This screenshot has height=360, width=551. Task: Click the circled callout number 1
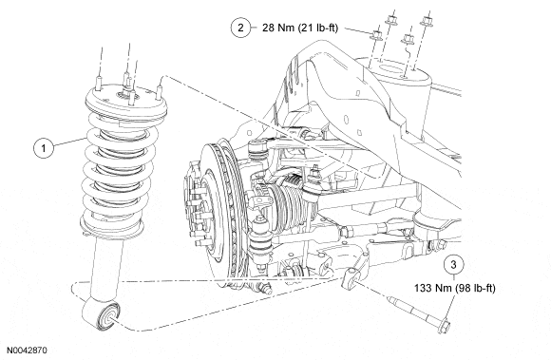click(x=44, y=148)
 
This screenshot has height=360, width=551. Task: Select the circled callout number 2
click(x=240, y=28)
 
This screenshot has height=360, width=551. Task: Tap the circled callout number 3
click(x=454, y=264)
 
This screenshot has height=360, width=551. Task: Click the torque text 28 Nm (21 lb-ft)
click(x=300, y=28)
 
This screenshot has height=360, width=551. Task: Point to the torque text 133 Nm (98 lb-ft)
click(x=455, y=289)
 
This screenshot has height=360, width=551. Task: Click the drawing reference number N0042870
click(x=27, y=351)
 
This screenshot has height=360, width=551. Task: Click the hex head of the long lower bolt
click(x=444, y=326)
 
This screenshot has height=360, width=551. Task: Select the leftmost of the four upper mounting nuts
click(x=376, y=35)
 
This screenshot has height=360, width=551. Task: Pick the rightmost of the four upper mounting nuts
click(x=427, y=21)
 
